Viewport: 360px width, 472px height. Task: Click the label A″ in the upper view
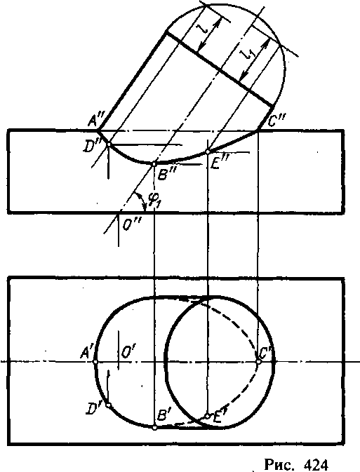[x=97, y=121]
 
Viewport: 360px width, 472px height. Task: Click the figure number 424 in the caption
[x=315, y=464]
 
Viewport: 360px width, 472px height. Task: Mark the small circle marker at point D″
[x=108, y=144]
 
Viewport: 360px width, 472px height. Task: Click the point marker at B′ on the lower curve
[x=154, y=427]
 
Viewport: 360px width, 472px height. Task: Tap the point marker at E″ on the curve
[x=208, y=152]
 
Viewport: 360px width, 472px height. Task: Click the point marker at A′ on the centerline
[x=95, y=361]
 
